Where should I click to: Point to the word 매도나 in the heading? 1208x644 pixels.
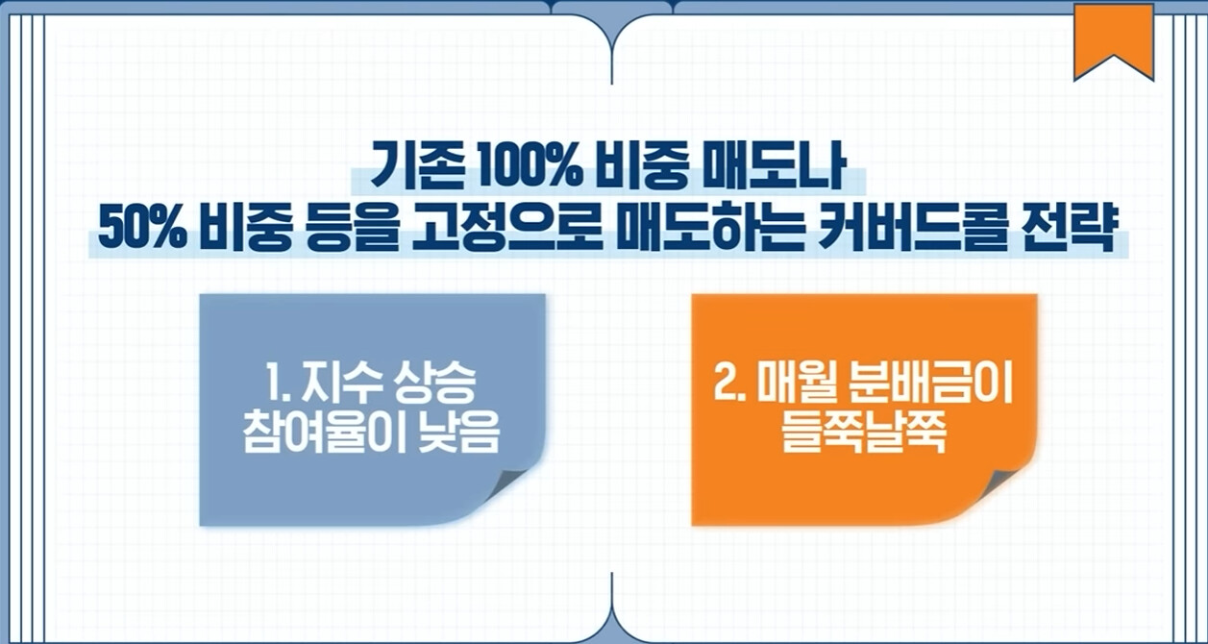775,166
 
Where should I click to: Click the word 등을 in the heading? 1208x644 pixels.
353,230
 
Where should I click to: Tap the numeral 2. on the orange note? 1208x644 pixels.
729,384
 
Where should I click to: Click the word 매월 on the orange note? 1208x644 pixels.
790,384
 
